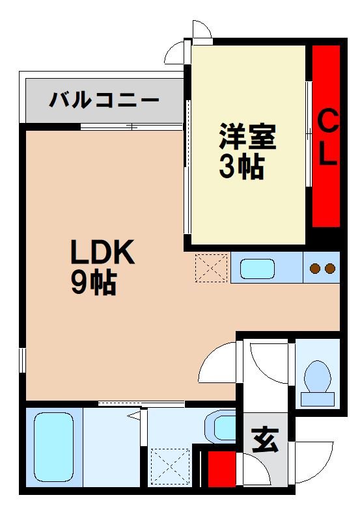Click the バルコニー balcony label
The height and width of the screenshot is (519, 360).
point(104,101)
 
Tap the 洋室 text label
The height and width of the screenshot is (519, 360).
point(247,139)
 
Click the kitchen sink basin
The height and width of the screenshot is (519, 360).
point(258,268)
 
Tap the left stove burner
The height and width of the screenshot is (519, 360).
point(315,268)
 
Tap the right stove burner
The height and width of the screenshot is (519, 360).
point(329,268)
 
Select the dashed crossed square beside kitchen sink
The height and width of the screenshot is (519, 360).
point(211,267)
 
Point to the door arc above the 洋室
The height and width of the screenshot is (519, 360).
point(202,31)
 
